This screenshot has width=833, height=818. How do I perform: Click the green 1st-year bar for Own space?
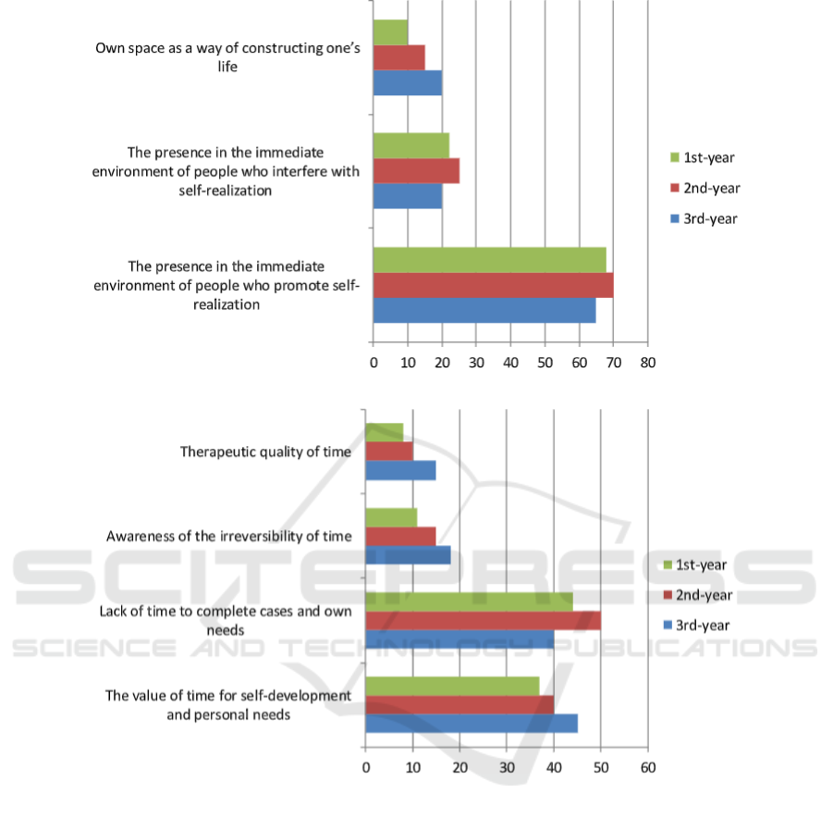point(390,32)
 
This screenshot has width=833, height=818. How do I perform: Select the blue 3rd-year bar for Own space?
point(408,83)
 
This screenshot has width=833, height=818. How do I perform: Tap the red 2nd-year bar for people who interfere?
point(416,171)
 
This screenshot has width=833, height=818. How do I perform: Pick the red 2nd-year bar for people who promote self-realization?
point(494,285)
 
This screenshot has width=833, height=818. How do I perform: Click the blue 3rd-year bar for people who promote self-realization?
point(484,311)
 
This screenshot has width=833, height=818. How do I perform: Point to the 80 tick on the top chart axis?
point(647,363)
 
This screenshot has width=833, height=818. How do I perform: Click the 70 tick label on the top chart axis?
point(614,363)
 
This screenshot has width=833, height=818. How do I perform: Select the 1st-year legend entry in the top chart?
point(703,157)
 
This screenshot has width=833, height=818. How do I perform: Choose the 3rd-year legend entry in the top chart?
point(704,218)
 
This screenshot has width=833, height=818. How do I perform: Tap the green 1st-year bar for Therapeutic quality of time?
point(385,432)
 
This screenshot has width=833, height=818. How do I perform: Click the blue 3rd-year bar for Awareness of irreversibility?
point(408,555)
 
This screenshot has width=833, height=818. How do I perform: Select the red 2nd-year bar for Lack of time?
point(484,621)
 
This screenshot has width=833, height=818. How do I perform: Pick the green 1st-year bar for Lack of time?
point(470,602)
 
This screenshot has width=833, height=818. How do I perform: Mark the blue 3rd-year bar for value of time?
point(472,724)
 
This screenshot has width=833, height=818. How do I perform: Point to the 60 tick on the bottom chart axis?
point(648,767)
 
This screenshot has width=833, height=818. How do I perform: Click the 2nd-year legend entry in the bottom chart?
point(698,595)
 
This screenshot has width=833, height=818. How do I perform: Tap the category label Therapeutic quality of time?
point(265,452)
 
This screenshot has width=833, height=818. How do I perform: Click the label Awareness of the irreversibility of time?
point(229,536)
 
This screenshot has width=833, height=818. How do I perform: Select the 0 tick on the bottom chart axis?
point(365,767)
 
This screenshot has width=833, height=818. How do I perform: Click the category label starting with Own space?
point(228,57)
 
